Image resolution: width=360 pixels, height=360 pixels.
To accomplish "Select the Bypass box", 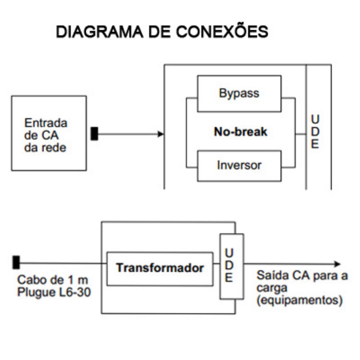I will point(239,93).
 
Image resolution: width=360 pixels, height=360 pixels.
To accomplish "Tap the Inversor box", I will point(239,165).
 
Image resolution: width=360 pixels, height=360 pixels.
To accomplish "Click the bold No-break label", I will point(240,132).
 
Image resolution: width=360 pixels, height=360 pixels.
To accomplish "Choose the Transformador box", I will point(160,269).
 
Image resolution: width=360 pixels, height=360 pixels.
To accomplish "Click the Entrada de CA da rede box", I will point(49,133).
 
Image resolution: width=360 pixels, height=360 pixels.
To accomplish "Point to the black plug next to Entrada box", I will point(94,134).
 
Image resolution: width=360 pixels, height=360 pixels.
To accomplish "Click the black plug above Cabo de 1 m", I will point(16,262).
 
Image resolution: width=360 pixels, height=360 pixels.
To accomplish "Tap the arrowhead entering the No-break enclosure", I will point(161,134).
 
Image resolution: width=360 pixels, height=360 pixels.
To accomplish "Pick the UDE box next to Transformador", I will point(231,266).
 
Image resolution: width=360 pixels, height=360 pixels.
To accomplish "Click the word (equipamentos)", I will point(299,300).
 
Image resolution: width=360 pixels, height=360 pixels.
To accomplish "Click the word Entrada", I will point(45,123).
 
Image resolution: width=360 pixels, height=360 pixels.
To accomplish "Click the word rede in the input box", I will point(55,147).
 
